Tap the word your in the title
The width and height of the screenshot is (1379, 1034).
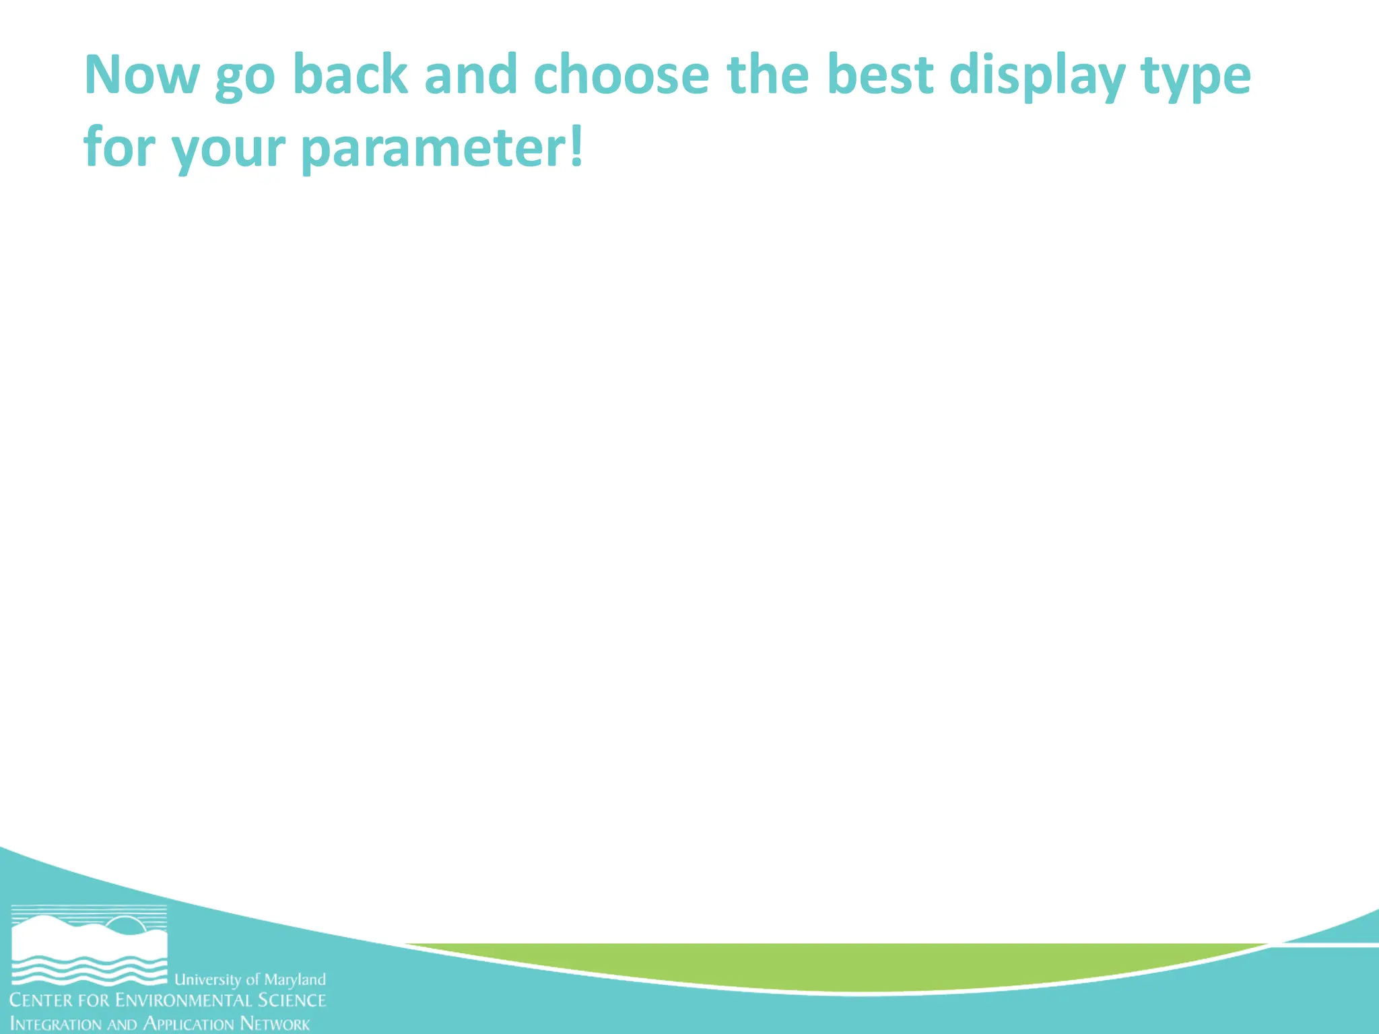228,150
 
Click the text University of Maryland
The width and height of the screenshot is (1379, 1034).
250,979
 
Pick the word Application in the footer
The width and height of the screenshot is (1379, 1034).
189,1025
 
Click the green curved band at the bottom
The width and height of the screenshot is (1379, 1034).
835,966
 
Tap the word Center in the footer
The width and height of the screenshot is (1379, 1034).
40,1000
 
